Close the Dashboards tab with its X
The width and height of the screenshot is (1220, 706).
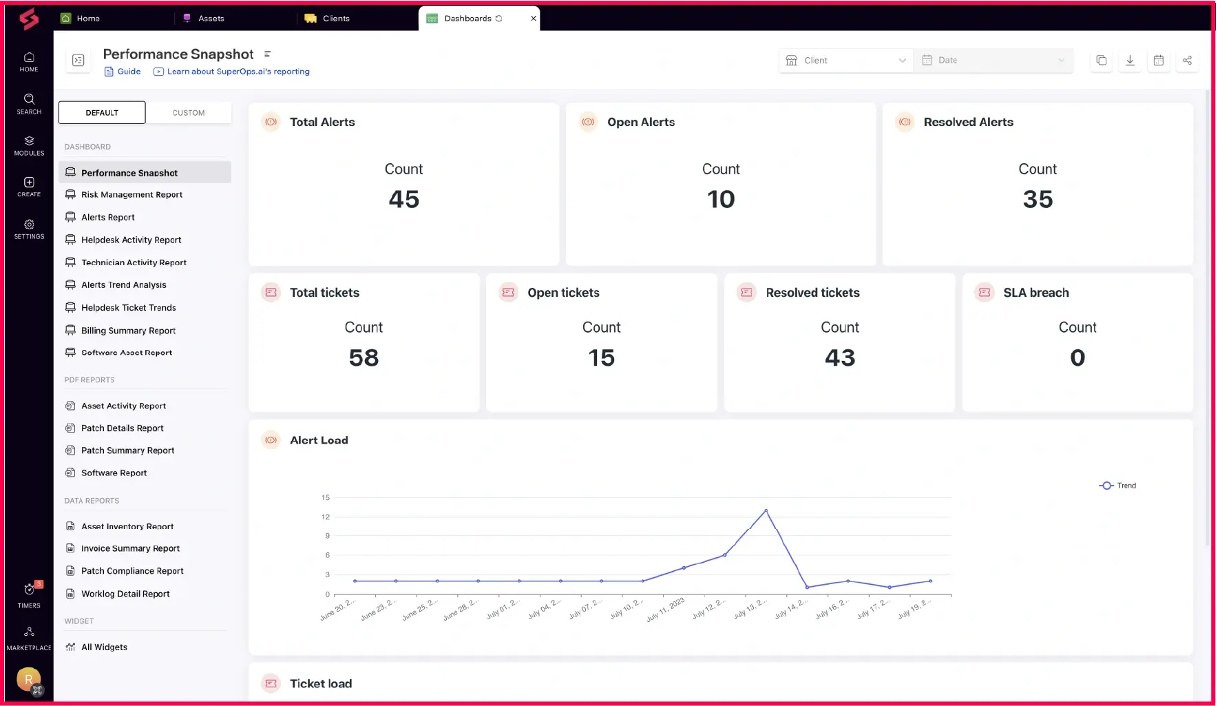[x=534, y=19]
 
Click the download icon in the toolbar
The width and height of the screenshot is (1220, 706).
[x=1130, y=61]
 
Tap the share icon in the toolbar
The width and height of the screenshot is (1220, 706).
[x=1187, y=61]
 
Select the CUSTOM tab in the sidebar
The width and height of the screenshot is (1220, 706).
[x=189, y=113]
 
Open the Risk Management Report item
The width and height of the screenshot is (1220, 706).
[x=132, y=195]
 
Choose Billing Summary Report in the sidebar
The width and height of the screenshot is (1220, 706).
[x=128, y=331]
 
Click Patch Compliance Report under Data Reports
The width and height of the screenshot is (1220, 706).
[x=132, y=571]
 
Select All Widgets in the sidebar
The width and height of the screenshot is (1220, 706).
[x=104, y=647]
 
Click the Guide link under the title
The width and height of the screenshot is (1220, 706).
[x=128, y=72]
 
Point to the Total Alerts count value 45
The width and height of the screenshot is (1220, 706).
[x=403, y=200]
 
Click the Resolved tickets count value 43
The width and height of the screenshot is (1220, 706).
[x=839, y=358]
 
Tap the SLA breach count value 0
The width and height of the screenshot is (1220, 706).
[x=1077, y=358]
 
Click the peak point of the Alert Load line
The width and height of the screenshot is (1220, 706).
[x=766, y=511]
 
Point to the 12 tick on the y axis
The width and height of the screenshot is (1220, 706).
[x=326, y=517]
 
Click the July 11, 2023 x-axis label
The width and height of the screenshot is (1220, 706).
[x=666, y=609]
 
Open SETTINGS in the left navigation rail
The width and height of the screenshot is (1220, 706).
[x=29, y=229]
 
